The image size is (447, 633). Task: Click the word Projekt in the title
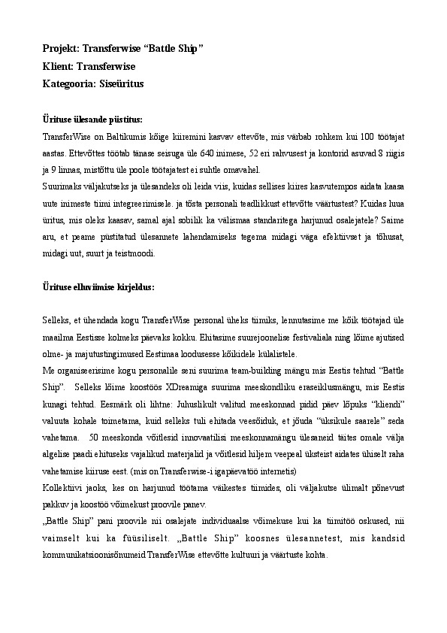tap(60, 50)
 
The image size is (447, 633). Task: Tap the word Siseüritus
tap(121, 84)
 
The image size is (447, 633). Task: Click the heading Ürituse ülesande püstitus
tap(92, 120)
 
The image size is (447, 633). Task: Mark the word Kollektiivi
tap(63, 491)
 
